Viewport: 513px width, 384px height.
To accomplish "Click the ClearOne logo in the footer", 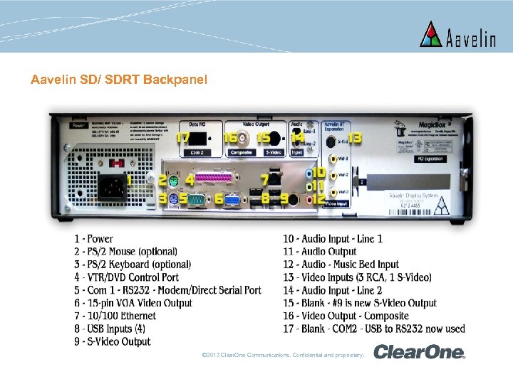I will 419,352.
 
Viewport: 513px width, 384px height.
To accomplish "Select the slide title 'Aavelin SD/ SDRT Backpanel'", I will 119,80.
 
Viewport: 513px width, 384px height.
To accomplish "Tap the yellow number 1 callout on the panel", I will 130,182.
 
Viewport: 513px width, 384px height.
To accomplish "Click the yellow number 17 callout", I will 184,137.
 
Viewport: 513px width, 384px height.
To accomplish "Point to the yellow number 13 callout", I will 354,137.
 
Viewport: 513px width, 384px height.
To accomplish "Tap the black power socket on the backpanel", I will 108,187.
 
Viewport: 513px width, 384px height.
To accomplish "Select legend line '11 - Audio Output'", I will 319,252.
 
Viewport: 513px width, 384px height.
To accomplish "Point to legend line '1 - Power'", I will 93,239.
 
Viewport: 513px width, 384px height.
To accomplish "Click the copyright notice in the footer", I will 284,354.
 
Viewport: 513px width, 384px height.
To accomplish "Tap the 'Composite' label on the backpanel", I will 242,151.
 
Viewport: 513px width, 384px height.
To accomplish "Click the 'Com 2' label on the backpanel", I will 196,152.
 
